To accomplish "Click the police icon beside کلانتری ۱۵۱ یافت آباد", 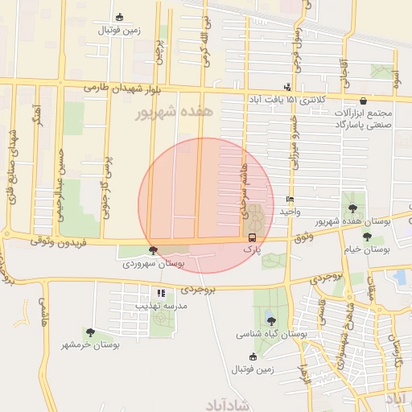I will tap(287, 88).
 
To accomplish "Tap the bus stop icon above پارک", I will tap(253, 237).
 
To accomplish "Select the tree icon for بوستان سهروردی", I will tap(154, 251).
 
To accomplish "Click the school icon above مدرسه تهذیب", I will tap(162, 294).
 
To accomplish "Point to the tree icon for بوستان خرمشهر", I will tap(90, 332).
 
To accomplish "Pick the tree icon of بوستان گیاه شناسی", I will tap(270, 320).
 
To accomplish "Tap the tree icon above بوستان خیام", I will tap(367, 237).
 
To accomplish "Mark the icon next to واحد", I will tap(290, 199).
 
